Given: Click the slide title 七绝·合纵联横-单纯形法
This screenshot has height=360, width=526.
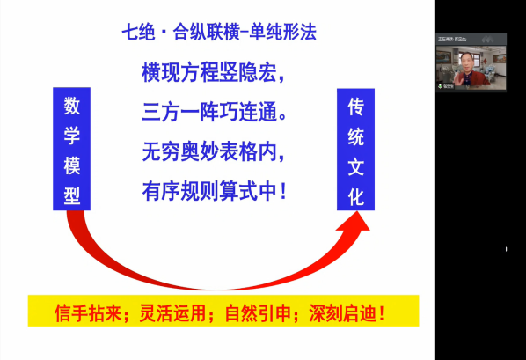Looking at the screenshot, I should point(219,34).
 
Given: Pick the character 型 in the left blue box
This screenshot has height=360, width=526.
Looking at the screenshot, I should point(72,195).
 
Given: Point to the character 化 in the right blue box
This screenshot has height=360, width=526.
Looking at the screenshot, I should point(356,195).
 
